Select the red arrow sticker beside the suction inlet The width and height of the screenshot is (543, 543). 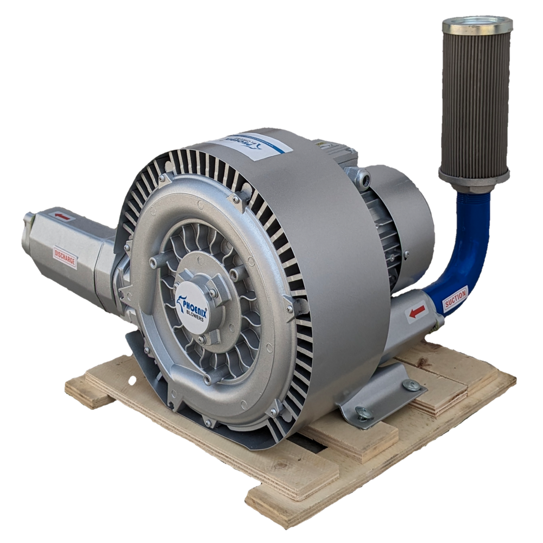coord(417,312)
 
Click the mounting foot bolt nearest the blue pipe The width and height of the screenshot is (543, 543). coord(411,385)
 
